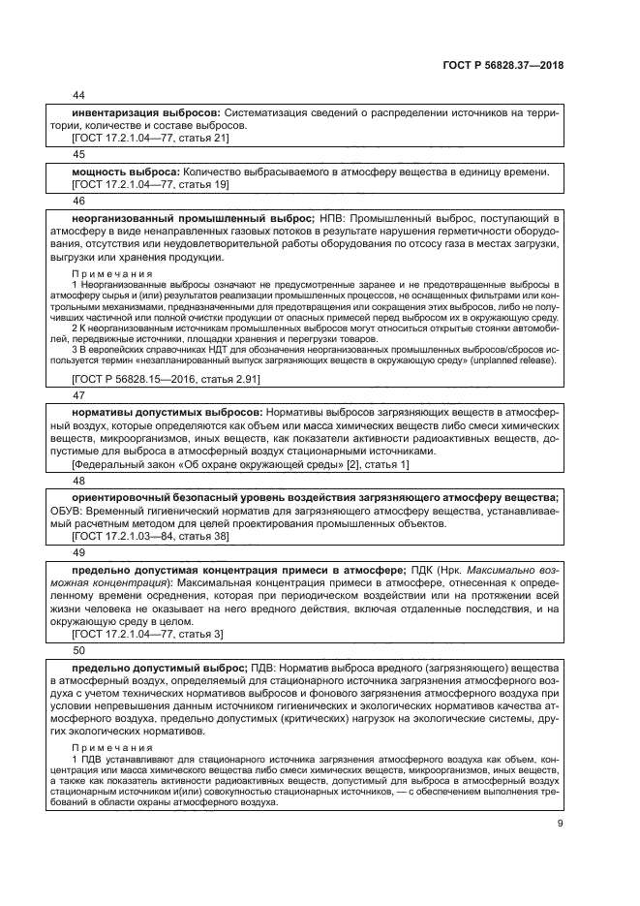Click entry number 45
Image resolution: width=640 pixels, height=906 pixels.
pos(79,154)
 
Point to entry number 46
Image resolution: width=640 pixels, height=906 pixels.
pos(79,201)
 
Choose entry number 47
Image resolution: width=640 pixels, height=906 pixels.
pos(79,396)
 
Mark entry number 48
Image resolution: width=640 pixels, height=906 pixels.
pos(79,480)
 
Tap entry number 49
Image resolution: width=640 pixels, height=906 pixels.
pos(79,551)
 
